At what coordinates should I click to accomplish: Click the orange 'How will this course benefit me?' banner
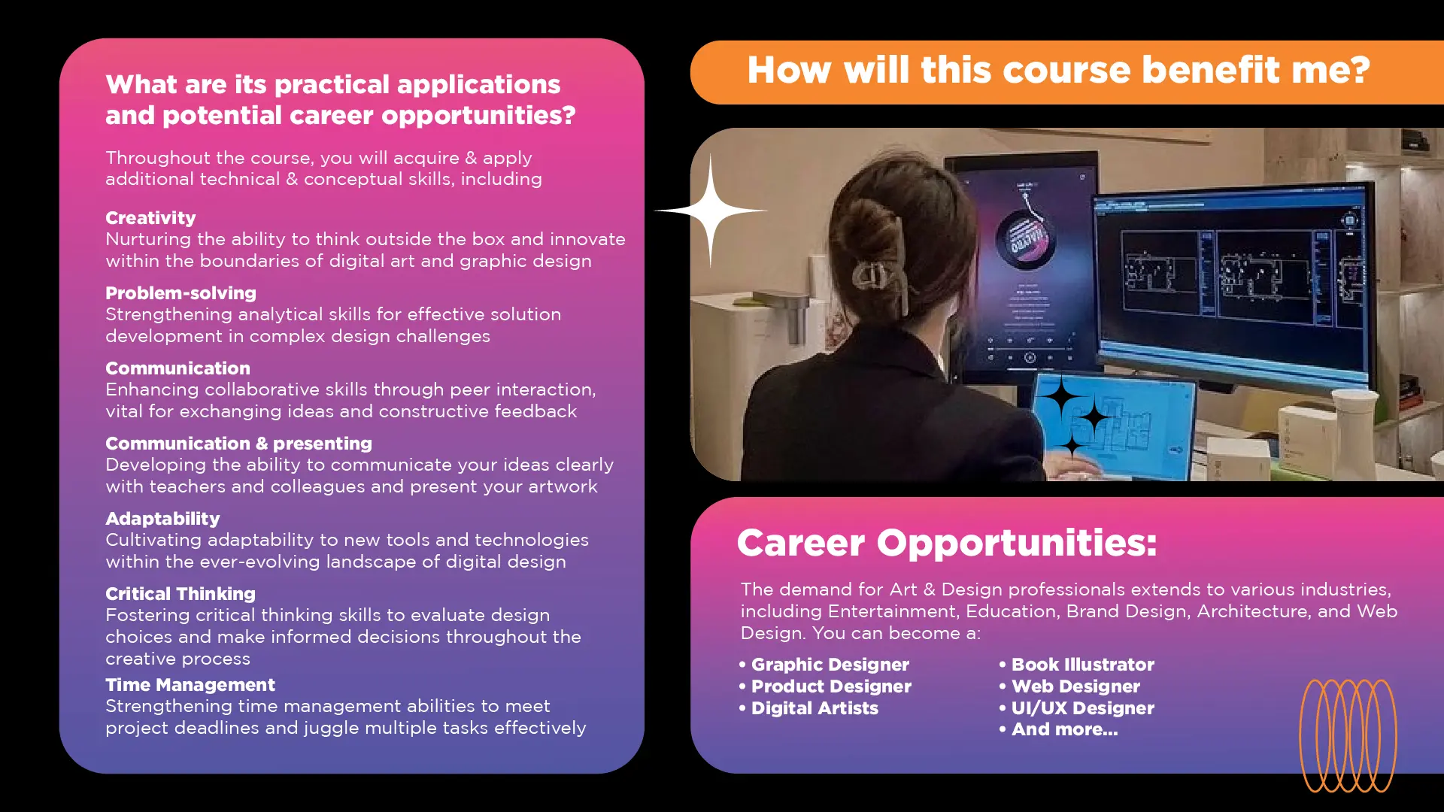coord(1066,72)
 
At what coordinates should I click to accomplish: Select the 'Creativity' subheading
coord(150,218)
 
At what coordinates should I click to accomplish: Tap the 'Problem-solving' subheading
coord(180,293)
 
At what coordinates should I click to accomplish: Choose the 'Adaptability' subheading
coord(162,519)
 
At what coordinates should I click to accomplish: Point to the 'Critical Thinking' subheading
coord(180,594)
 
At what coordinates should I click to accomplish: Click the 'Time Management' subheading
coord(190,685)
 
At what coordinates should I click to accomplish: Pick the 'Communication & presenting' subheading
coord(238,444)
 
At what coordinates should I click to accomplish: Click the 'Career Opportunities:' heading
coord(947,543)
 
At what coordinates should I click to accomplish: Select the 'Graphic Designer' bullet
coord(824,665)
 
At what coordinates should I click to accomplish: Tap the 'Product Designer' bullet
coord(825,686)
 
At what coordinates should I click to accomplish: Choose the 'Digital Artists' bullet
coord(808,708)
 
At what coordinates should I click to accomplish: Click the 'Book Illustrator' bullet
coord(1077,665)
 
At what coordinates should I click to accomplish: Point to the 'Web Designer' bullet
coord(1069,686)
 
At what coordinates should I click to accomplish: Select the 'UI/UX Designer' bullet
coord(1077,708)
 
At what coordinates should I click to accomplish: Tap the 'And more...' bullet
coord(1059,729)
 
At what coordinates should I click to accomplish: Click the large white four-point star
coord(711,211)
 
